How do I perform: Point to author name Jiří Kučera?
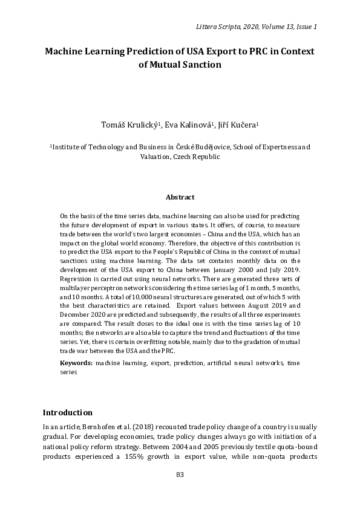pos(238,125)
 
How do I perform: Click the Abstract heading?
pos(180,197)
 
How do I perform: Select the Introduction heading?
pos(67,413)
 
